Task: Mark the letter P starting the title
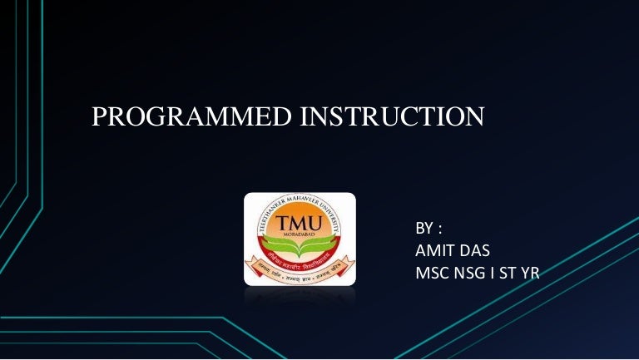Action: pyautogui.click(x=98, y=118)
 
